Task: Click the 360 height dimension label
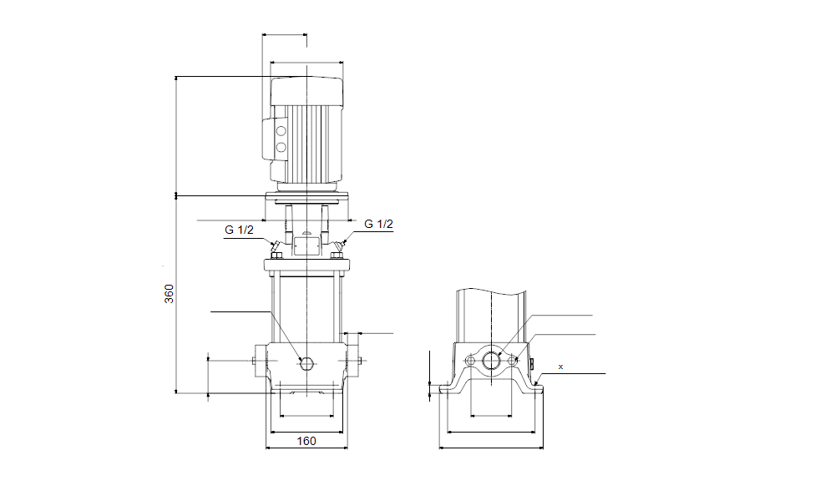pos(169,294)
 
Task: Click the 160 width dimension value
pos(306,441)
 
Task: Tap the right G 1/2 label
pos(378,224)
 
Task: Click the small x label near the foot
pos(560,367)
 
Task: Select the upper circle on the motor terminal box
pos(281,131)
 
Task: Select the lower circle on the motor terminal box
pos(281,148)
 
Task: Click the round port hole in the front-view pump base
pos(306,362)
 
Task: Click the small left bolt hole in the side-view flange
pos(471,361)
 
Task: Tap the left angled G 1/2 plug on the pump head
pos(274,246)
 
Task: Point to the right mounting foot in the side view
pos(534,387)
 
